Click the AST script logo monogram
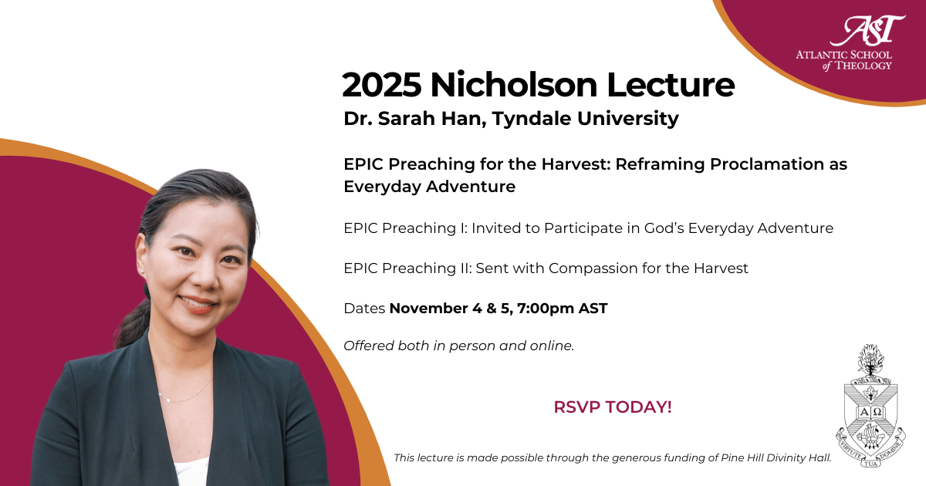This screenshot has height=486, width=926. (x=867, y=30)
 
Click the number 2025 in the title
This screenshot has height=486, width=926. (x=381, y=85)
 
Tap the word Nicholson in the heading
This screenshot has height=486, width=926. (x=514, y=85)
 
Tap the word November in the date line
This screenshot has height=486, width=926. (x=429, y=309)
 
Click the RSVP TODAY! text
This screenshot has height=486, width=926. (x=613, y=407)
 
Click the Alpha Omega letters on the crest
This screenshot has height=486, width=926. (x=871, y=412)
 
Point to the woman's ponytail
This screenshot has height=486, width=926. (x=132, y=318)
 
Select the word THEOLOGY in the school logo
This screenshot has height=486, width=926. (x=863, y=66)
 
